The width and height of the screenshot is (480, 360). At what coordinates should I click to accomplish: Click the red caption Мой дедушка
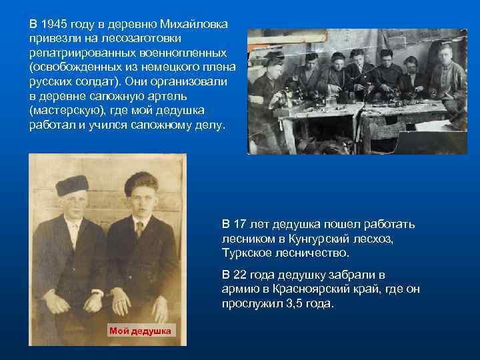point(140,331)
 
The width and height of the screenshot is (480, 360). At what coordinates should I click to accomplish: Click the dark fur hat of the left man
point(73,185)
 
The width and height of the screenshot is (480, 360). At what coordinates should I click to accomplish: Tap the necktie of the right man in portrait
point(139,229)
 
